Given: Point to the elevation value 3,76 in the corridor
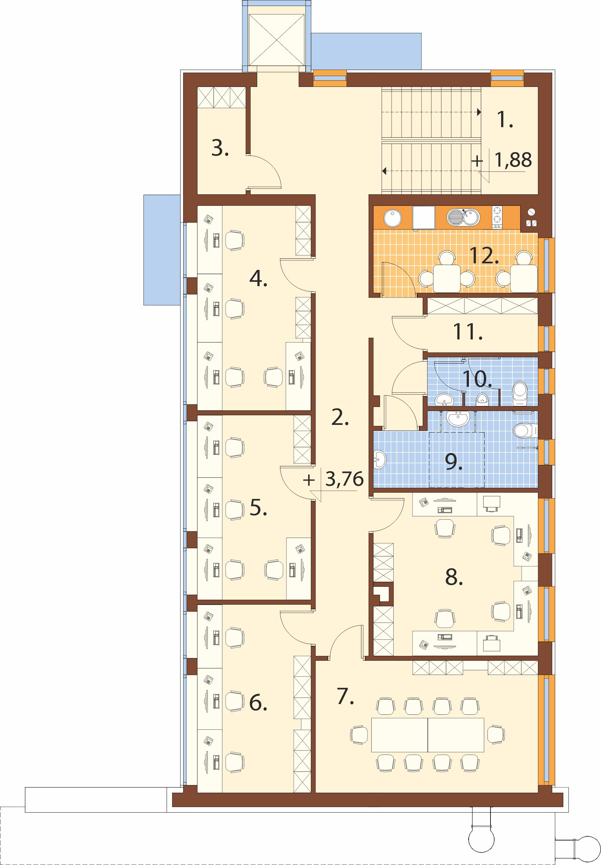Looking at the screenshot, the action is click(344, 479).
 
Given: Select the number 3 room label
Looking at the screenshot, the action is click(220, 149).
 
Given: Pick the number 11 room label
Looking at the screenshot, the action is click(468, 332).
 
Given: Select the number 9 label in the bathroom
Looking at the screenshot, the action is click(454, 462).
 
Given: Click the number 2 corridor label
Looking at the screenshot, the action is click(340, 418).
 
